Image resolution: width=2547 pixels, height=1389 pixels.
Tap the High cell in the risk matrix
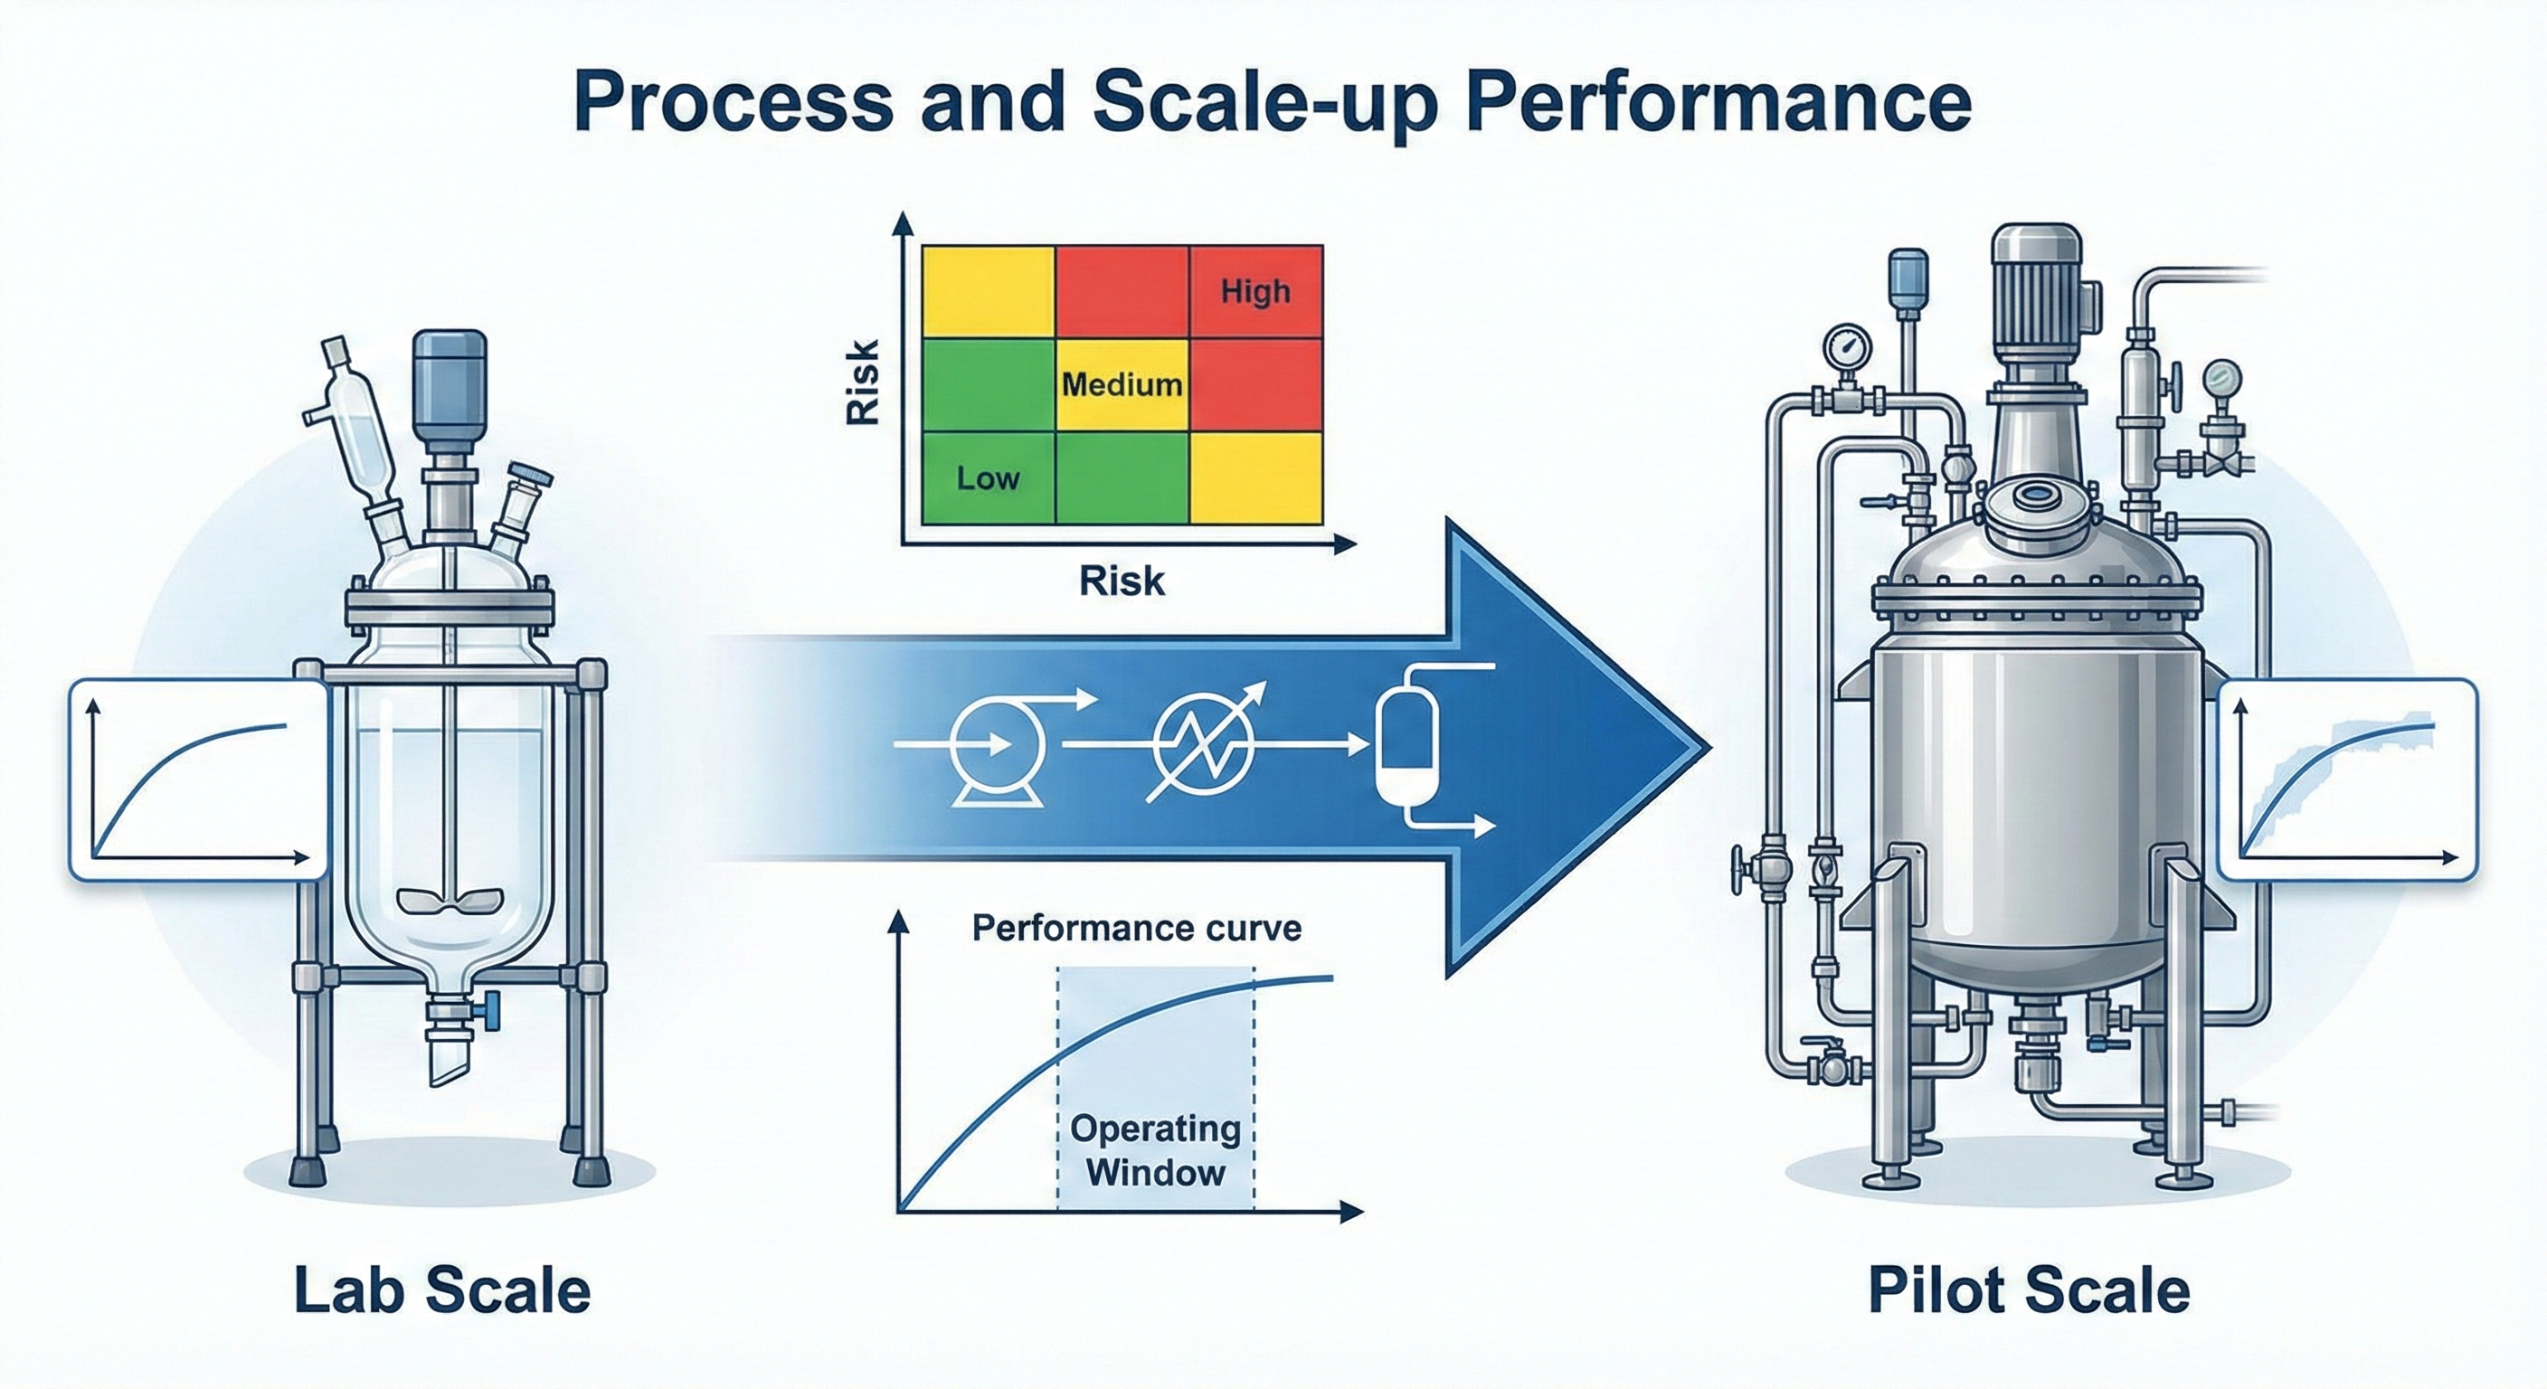pos(1255,292)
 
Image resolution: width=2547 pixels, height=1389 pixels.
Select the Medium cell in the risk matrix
pos(1122,383)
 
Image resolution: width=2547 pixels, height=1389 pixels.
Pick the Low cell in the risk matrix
pos(988,478)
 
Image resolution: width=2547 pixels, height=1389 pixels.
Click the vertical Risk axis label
pos(863,383)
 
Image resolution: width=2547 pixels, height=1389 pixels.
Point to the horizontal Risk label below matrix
pos(1122,581)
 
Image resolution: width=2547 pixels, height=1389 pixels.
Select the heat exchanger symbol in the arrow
pos(1202,743)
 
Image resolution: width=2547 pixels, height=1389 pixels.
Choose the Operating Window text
pos(1155,1151)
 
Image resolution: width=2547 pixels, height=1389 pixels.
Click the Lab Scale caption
pos(442,1290)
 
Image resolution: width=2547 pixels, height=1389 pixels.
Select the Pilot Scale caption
pos(2029,1290)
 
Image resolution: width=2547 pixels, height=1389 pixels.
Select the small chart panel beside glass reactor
pos(198,778)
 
